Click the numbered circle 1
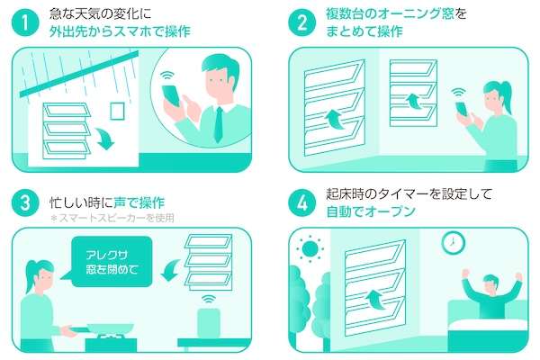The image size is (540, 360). point(25,22)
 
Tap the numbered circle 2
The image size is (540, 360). point(301,22)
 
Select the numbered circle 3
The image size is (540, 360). point(25,202)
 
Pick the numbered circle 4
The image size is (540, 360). point(301,202)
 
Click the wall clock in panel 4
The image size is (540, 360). point(454,242)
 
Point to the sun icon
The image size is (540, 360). point(310,248)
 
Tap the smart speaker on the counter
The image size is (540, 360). point(209,323)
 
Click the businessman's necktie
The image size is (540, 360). point(219,125)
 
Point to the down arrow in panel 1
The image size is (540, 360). point(104,138)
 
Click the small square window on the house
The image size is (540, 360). point(117,111)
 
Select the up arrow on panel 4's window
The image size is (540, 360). point(375,300)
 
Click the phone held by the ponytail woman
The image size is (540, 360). point(462,109)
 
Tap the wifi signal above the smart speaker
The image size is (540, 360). point(209,298)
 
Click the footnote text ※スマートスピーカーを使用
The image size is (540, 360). point(112,218)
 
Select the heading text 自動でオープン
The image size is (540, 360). point(371,211)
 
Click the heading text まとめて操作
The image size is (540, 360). point(364,31)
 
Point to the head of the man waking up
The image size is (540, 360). point(490,283)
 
